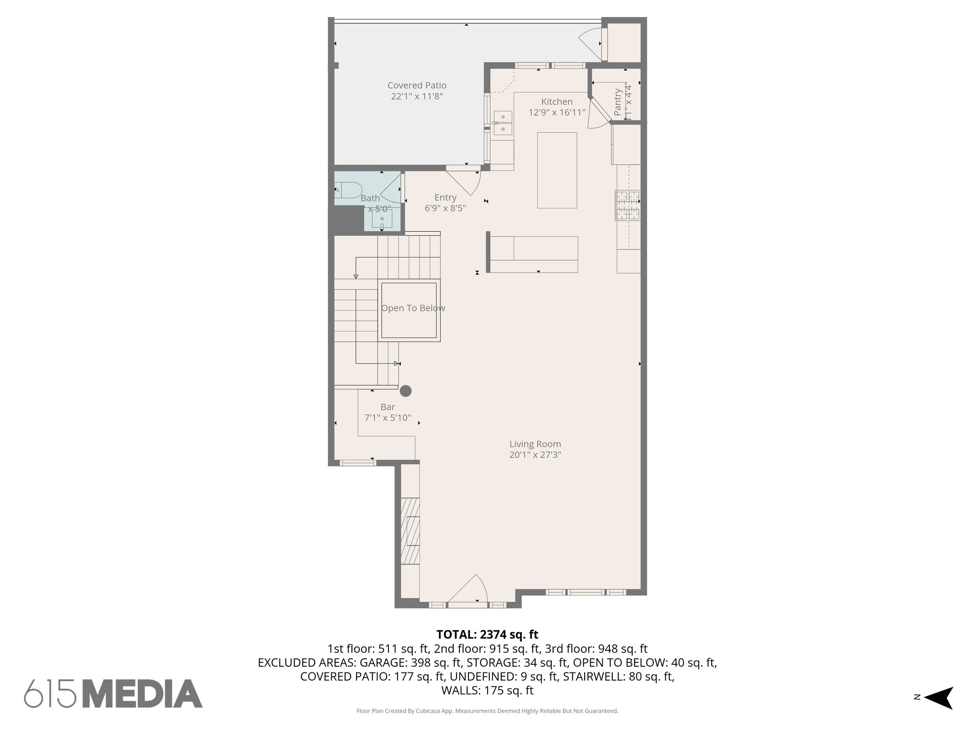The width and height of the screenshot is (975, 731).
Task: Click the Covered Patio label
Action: pyautogui.click(x=417, y=86)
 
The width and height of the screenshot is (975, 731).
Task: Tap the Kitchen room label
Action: pyautogui.click(x=557, y=102)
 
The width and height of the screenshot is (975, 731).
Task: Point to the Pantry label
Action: pyautogui.click(x=617, y=102)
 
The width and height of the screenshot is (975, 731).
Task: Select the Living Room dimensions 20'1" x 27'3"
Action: pyautogui.click(x=535, y=455)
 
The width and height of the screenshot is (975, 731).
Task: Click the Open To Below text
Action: pyautogui.click(x=413, y=308)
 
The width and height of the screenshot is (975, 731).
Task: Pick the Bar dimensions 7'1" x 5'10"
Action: pyautogui.click(x=388, y=418)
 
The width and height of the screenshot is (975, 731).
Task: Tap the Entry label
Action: pyautogui.click(x=445, y=198)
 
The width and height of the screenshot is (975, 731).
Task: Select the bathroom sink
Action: pyautogui.click(x=382, y=219)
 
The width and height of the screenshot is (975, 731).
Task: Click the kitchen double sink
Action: pyautogui.click(x=503, y=123)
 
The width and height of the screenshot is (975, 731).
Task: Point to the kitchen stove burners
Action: pyautogui.click(x=627, y=205)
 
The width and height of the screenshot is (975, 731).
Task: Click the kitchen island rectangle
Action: pyautogui.click(x=557, y=170)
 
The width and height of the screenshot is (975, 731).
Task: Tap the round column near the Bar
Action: pyautogui.click(x=406, y=391)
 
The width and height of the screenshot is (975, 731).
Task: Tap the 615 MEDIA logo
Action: pyautogui.click(x=113, y=693)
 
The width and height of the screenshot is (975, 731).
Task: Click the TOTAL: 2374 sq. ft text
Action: pyautogui.click(x=487, y=634)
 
